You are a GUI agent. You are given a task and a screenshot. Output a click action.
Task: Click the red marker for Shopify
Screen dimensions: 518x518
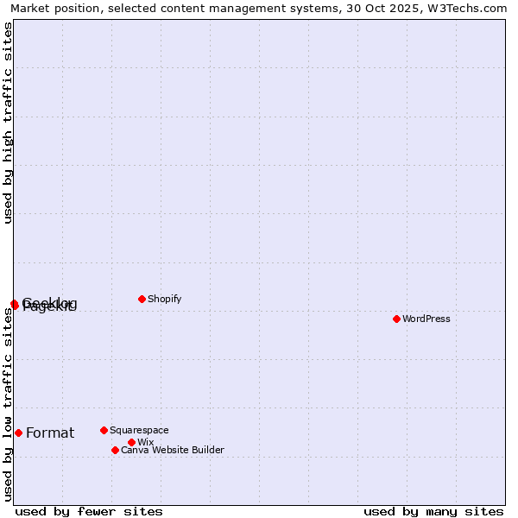[x=142, y=299]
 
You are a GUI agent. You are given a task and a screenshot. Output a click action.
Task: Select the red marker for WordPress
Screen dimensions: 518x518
[x=396, y=319]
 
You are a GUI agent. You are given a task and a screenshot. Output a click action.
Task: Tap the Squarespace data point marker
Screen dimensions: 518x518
[x=104, y=430]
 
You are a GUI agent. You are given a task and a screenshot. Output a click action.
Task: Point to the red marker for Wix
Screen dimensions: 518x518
[x=131, y=442]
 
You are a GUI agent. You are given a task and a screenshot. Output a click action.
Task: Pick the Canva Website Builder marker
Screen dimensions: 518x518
[x=115, y=450]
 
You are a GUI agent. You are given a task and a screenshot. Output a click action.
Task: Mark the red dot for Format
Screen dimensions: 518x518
[x=18, y=433]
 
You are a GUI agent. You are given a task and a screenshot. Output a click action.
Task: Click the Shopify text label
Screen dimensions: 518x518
[x=164, y=299]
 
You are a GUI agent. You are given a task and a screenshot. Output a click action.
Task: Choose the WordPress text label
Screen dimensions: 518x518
[x=426, y=319]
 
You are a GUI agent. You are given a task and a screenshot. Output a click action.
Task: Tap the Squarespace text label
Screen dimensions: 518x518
[x=139, y=430]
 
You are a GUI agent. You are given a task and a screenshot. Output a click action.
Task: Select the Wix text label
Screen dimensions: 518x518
[x=145, y=442]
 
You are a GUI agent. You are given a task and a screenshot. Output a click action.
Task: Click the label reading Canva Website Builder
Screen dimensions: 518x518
[x=172, y=450]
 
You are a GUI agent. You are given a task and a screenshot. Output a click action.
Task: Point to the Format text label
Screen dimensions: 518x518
[x=50, y=433]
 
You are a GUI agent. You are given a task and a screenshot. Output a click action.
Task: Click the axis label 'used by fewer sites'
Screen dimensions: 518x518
[x=89, y=511]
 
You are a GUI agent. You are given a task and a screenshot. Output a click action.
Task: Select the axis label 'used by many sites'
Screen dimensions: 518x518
[x=433, y=511]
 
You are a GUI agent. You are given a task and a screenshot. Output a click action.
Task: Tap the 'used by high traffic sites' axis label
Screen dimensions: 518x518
[x=9, y=123]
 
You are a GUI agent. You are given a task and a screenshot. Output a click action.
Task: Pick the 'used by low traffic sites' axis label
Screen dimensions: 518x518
[x=9, y=404]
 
